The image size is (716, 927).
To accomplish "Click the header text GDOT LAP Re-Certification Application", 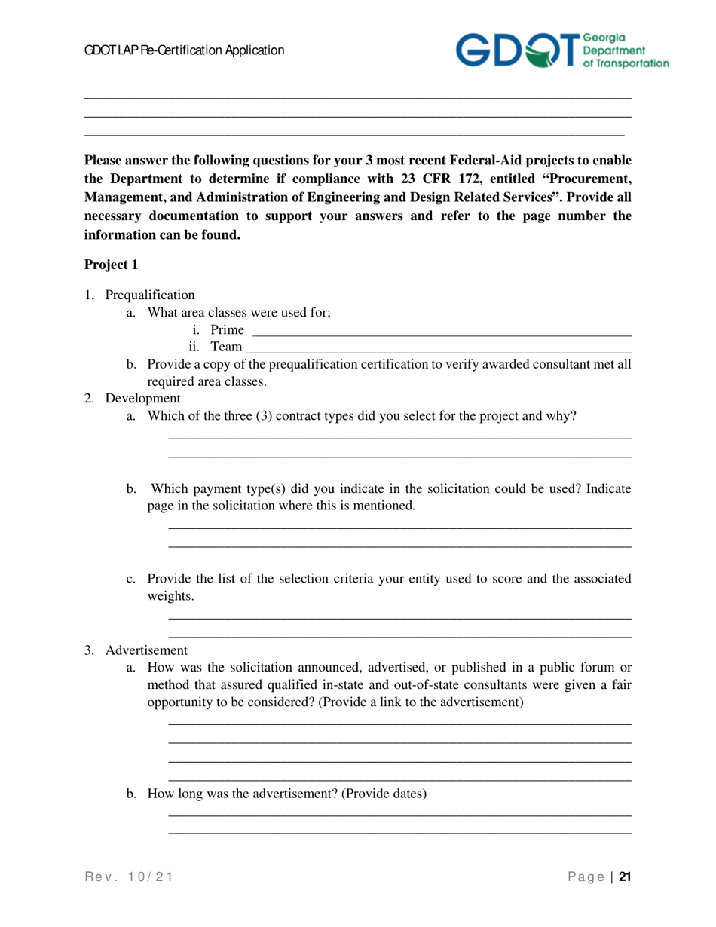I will pos(184,50).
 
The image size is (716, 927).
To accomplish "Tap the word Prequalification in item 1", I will pos(150,295).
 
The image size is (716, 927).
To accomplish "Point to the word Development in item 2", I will pos(142,398).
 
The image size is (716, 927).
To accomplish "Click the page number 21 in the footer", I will pos(625,877).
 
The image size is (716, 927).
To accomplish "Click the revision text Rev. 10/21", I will pos(129,877).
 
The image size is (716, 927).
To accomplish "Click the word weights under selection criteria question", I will pos(170,596).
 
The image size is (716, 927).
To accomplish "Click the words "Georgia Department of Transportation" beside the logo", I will pos(626,50).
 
